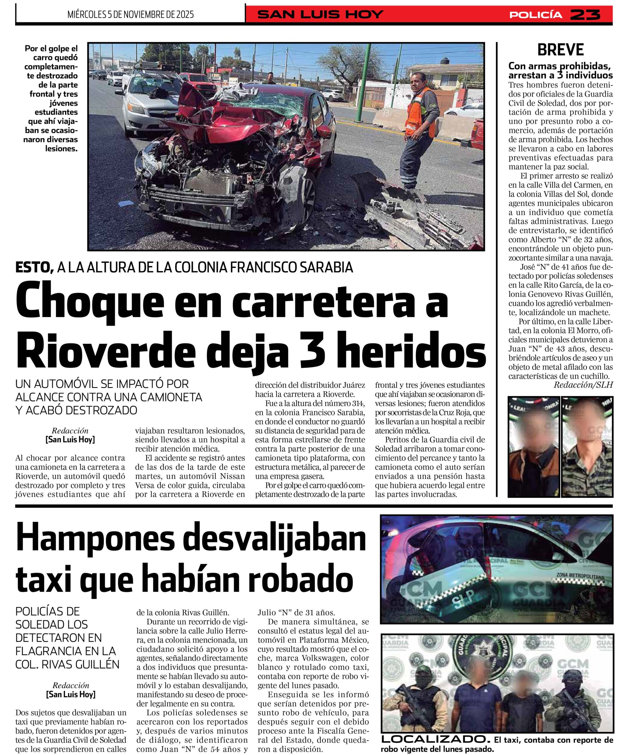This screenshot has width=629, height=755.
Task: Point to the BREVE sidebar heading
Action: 560,50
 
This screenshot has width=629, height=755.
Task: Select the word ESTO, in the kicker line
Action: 34,267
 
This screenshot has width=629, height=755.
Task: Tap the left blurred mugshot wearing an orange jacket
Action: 534,447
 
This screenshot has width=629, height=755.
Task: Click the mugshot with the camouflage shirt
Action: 587,447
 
